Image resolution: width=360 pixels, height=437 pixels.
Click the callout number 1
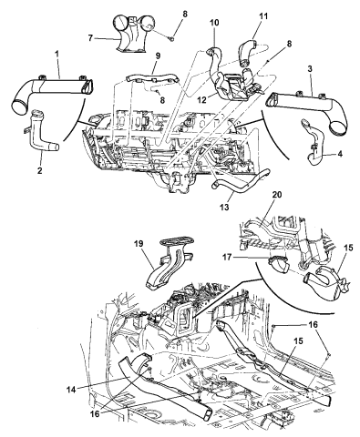(x=57, y=55)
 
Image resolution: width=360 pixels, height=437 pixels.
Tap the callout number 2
(x=39, y=170)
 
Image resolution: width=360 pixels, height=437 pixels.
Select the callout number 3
(x=310, y=69)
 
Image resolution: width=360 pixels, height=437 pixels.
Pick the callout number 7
(x=90, y=38)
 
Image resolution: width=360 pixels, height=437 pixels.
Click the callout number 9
(x=158, y=56)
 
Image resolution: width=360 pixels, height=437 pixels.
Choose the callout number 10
(x=214, y=23)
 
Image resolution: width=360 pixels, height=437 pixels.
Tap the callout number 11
(x=263, y=16)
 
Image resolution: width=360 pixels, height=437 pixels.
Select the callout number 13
(x=225, y=208)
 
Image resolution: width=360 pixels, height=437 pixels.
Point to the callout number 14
(x=72, y=388)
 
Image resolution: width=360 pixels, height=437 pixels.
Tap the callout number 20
(x=277, y=195)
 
